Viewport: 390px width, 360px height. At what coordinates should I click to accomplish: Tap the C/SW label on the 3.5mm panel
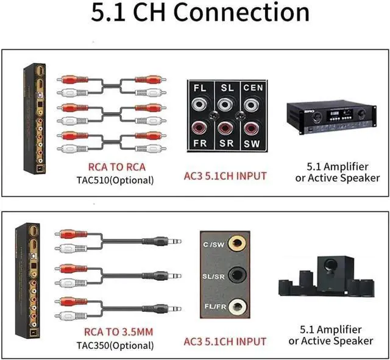pyautogui.click(x=215, y=245)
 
